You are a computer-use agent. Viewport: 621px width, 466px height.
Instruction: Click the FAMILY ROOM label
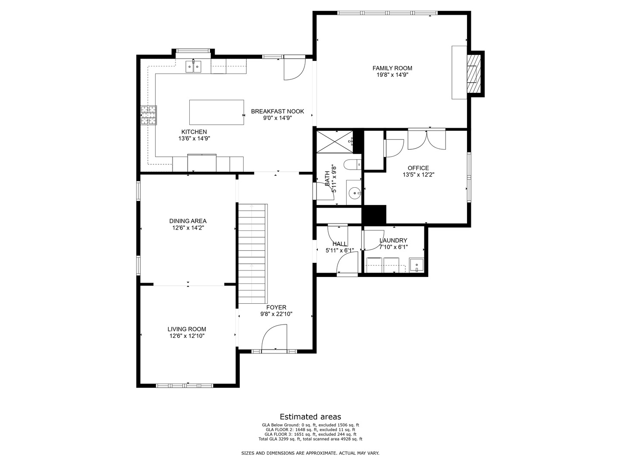[x=392, y=68]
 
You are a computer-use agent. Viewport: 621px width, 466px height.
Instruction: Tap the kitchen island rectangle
[x=216, y=112]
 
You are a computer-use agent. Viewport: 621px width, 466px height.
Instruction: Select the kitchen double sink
[x=194, y=67]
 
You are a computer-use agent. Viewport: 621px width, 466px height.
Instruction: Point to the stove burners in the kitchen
[x=148, y=115]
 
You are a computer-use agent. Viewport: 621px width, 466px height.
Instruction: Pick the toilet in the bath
[x=352, y=164]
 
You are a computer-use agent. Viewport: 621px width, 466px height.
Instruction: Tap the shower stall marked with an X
[x=335, y=142]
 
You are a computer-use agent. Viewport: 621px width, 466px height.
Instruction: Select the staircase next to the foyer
[x=252, y=254]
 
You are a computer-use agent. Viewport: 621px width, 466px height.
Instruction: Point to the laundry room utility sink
[x=417, y=265]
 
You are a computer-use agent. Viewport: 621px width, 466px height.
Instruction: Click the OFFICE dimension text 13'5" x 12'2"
[x=418, y=175]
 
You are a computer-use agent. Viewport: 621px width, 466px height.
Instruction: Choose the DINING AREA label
[x=188, y=221]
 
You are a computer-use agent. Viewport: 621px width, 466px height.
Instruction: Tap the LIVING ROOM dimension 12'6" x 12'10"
[x=187, y=336]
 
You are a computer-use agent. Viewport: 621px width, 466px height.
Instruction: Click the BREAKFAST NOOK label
[x=278, y=111]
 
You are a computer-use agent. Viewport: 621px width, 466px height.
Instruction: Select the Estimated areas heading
[x=310, y=416]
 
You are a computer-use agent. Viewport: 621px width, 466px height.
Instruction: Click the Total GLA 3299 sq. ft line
[x=310, y=439]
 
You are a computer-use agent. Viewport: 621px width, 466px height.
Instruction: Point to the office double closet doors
[x=427, y=140]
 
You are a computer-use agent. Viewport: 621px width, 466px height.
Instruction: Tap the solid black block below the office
[x=374, y=214]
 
